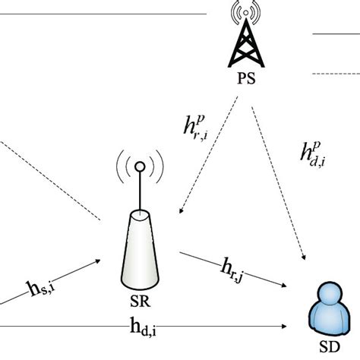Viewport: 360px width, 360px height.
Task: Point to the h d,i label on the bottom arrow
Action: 144,329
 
